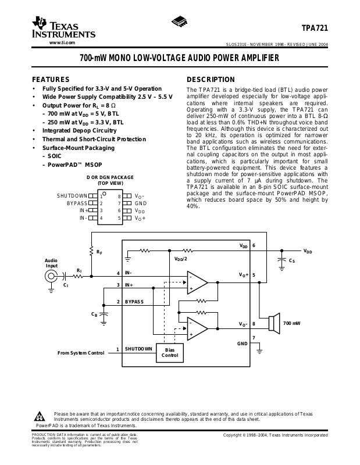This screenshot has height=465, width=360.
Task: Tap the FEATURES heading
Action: pyautogui.click(x=51, y=80)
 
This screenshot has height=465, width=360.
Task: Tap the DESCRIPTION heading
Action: pyautogui.click(x=211, y=80)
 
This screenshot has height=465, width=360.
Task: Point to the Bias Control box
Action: pyautogui.click(x=169, y=352)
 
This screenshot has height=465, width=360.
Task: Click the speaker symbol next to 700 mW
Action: pyautogui.click(x=271, y=323)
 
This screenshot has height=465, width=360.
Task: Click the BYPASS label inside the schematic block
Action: pyautogui.click(x=134, y=302)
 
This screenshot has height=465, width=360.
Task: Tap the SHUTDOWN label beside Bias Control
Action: pyautogui.click(x=138, y=349)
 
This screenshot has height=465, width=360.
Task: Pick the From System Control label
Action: pyautogui.click(x=81, y=353)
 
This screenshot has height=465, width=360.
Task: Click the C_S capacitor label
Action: pyautogui.click(x=291, y=261)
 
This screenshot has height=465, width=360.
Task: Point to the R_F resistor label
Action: pyautogui.click(x=99, y=252)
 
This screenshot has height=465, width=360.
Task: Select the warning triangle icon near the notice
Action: pyautogui.click(x=40, y=416)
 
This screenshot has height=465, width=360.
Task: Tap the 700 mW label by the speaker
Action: pyautogui.click(x=291, y=323)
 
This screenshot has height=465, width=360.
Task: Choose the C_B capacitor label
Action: pyautogui.click(x=94, y=314)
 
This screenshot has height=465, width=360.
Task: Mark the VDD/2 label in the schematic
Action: pyautogui.click(x=180, y=258)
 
